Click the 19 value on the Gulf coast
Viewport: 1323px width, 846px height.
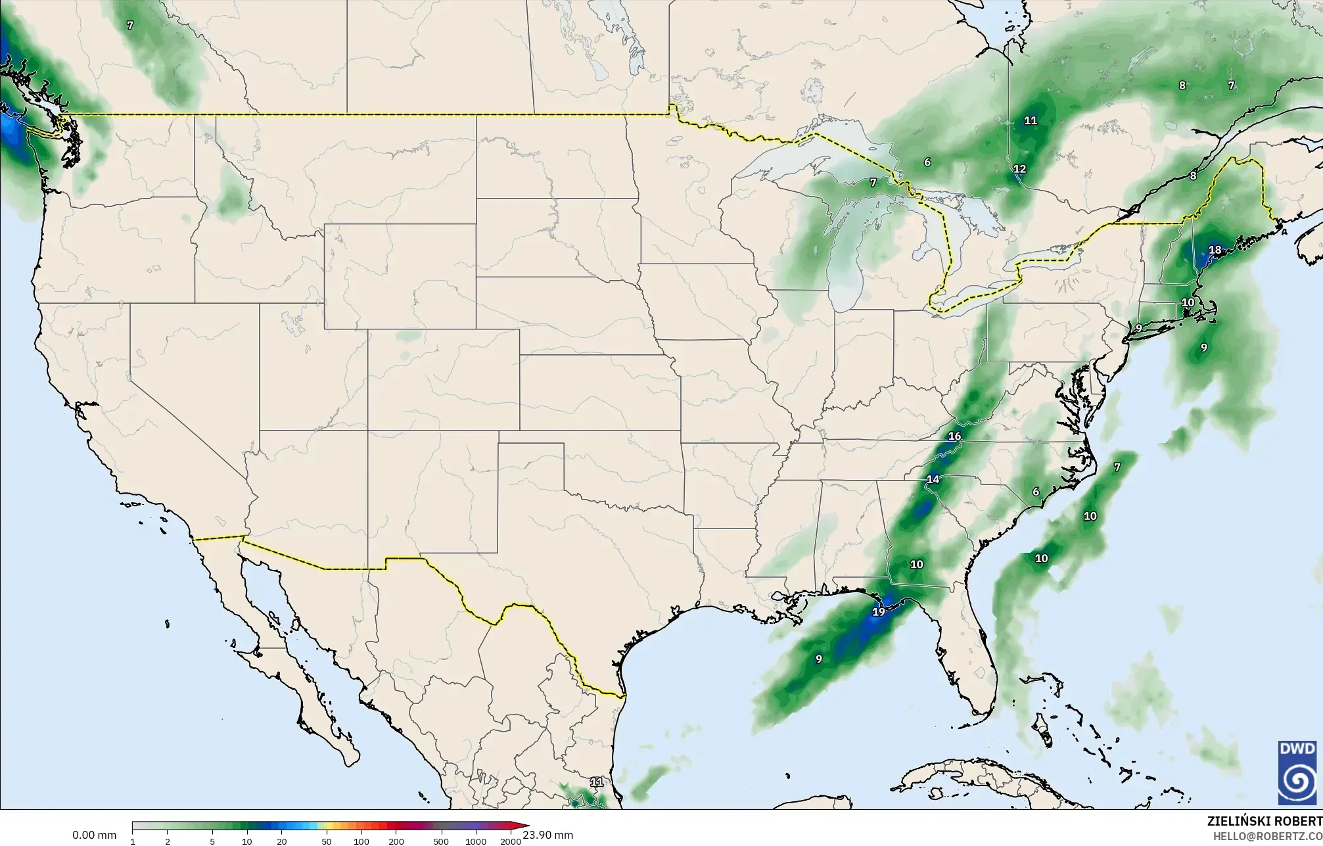(878, 612)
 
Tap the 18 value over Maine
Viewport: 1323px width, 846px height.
(1215, 250)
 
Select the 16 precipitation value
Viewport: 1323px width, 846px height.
(955, 436)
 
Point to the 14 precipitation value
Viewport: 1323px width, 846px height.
(933, 479)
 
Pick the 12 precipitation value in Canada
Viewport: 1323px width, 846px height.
(1019, 169)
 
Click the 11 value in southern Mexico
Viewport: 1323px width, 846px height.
(597, 782)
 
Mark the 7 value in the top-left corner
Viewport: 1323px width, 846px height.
(130, 26)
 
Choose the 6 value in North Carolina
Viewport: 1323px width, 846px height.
(1036, 492)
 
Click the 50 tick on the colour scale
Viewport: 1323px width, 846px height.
(326, 841)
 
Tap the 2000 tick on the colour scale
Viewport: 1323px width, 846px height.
(511, 841)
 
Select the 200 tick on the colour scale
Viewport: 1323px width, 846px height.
(396, 841)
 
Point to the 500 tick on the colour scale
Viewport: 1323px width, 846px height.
(441, 841)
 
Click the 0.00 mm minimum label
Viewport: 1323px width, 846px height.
(94, 835)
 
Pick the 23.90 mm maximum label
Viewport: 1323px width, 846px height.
(548, 835)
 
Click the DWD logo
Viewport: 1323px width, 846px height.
(1297, 773)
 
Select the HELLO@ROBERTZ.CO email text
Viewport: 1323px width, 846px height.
(1267, 836)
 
